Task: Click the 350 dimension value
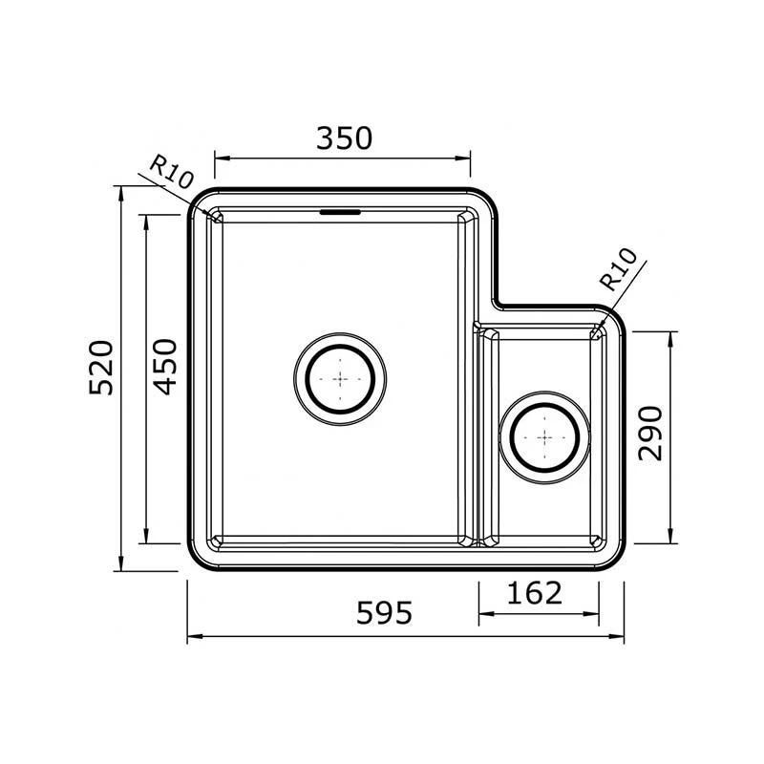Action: click(x=344, y=138)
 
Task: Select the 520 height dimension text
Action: click(x=101, y=368)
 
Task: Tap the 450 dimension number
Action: click(x=164, y=367)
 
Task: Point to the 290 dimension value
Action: click(x=650, y=434)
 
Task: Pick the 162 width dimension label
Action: click(x=535, y=593)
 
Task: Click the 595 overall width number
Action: click(x=385, y=613)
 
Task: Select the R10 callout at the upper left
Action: click(x=172, y=172)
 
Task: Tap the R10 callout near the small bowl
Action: click(x=618, y=269)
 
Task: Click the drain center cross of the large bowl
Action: click(x=340, y=378)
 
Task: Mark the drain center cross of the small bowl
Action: click(x=544, y=437)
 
